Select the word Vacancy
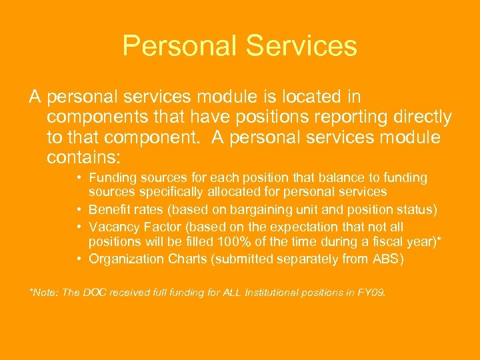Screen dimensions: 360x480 point(111,227)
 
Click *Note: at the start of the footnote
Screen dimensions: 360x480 point(43,293)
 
